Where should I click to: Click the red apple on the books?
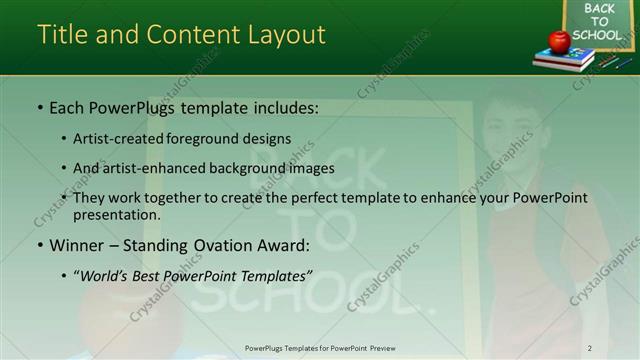tap(559, 41)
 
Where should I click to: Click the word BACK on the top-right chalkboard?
tap(600, 9)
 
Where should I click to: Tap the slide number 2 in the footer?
tap(590, 348)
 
